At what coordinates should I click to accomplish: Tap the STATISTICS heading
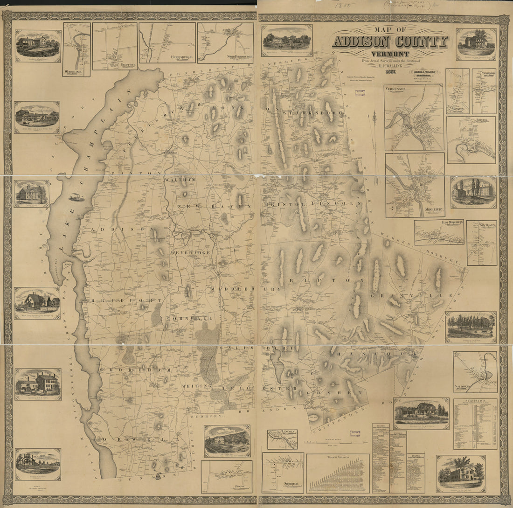point(475,401)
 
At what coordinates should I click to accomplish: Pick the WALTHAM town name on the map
point(176,179)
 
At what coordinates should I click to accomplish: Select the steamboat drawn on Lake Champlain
point(77,197)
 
